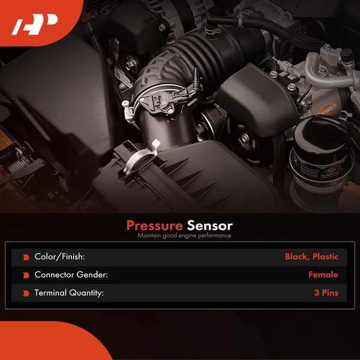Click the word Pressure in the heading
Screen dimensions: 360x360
pos(154,226)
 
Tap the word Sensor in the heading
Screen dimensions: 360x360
pos(209,226)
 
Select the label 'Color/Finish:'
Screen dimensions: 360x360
pos(59,257)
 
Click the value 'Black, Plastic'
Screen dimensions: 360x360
pos(311,257)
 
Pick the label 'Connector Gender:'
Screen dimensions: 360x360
pos(71,275)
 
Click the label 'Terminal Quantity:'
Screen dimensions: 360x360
pos(69,293)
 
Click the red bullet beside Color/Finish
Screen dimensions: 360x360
pos(26,257)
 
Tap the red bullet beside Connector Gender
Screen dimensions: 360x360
pos(26,275)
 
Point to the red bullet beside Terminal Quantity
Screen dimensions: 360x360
pos(26,294)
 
